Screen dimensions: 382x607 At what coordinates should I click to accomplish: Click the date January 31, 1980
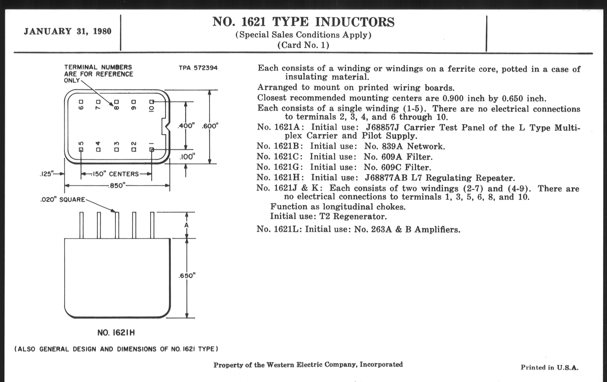[x=68, y=31]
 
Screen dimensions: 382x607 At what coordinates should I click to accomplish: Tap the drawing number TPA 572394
[x=198, y=68]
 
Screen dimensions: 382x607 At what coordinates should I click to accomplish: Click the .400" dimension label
[x=186, y=126]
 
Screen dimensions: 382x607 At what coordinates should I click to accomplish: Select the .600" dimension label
[x=210, y=126]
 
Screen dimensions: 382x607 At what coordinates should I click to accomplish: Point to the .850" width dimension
[x=117, y=186]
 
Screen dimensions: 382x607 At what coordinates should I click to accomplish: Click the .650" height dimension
[x=187, y=276]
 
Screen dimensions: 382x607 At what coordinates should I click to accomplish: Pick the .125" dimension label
[x=47, y=174]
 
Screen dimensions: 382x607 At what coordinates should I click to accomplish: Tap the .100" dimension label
[x=187, y=157]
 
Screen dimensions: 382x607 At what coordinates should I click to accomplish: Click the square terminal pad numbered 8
[x=117, y=102]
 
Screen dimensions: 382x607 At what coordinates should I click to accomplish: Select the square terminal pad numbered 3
[x=117, y=150]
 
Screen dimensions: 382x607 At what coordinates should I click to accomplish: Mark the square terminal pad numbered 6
[x=81, y=102]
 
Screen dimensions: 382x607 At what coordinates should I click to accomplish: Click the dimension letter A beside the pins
[x=186, y=225]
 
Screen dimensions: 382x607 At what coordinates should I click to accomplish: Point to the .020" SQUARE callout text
[x=63, y=200]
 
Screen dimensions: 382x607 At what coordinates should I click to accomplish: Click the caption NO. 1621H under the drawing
[x=116, y=333]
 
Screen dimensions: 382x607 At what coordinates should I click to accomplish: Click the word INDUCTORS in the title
[x=355, y=22]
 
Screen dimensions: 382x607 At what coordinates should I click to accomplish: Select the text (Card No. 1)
[x=303, y=45]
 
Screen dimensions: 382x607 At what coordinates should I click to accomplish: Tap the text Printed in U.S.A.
[x=550, y=367]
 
